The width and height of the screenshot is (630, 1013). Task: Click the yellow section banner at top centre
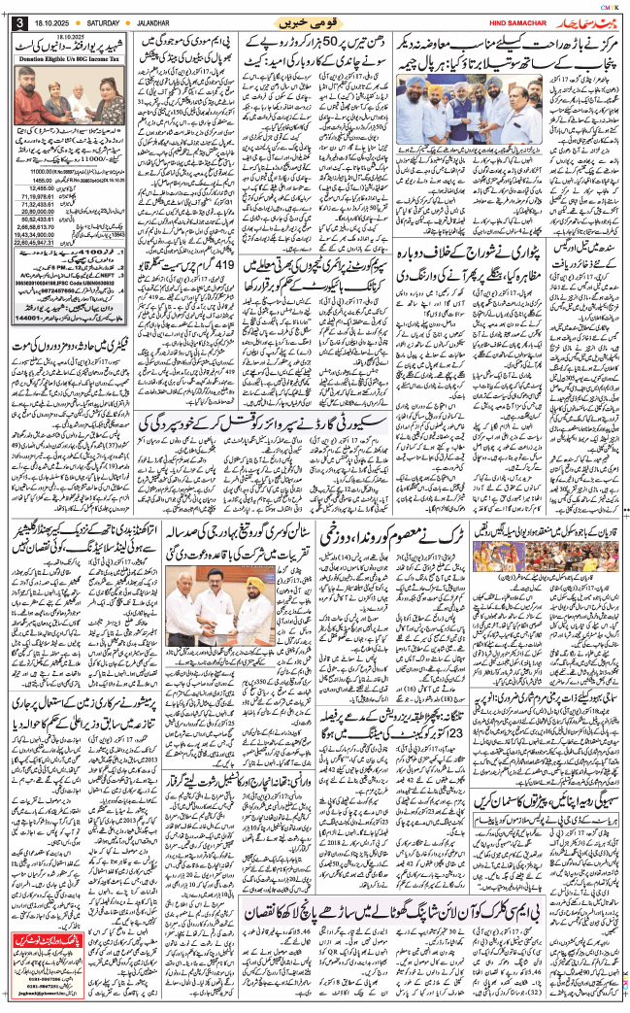click(x=310, y=20)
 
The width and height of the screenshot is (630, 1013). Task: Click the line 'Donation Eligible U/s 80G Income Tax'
click(x=69, y=59)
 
